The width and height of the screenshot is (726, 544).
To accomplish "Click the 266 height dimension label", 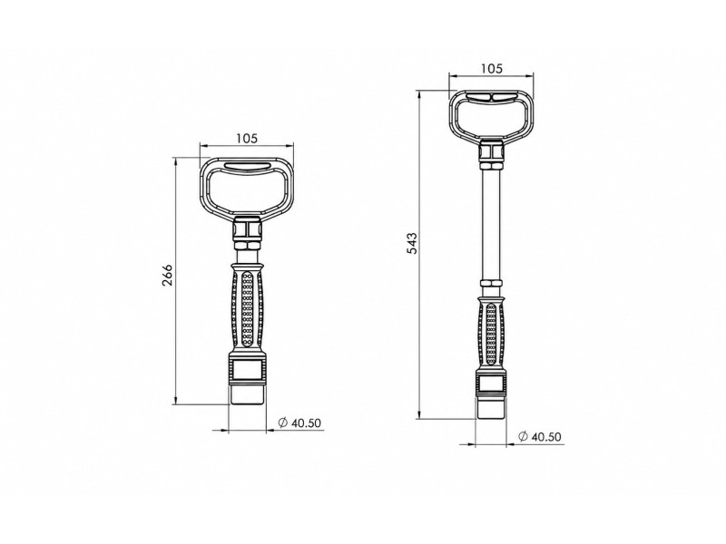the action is [x=167, y=275].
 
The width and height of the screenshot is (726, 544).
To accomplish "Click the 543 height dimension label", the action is [x=412, y=243].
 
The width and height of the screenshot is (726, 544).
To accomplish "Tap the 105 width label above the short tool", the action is [x=246, y=139].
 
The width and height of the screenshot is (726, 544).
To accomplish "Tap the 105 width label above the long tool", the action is [x=491, y=69].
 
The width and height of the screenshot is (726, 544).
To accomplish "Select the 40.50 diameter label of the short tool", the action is [x=306, y=423].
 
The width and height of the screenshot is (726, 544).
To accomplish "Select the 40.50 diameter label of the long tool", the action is [x=546, y=437].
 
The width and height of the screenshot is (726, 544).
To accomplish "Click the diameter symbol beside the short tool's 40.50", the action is [x=282, y=423].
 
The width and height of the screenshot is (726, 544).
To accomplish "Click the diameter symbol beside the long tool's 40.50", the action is [x=524, y=437].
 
